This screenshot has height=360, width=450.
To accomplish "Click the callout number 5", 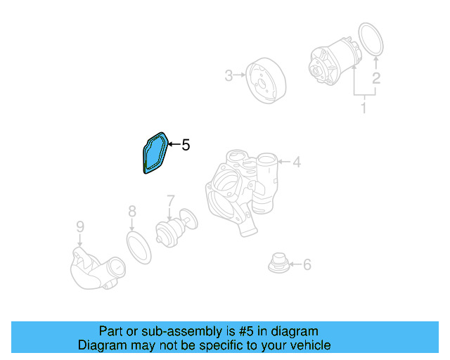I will (x=186, y=146).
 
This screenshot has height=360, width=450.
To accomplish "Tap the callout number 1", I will (x=364, y=108).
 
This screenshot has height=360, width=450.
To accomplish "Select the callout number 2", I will (x=376, y=78).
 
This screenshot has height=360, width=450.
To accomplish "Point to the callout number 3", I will (x=229, y=75).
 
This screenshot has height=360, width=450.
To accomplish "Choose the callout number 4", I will (x=297, y=162).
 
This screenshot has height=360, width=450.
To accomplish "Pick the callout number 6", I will (x=307, y=265).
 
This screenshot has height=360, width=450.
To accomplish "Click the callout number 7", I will (x=170, y=202).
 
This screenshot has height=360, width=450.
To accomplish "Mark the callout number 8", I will (x=132, y=210).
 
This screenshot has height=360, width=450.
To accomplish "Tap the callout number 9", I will (x=80, y=226).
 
